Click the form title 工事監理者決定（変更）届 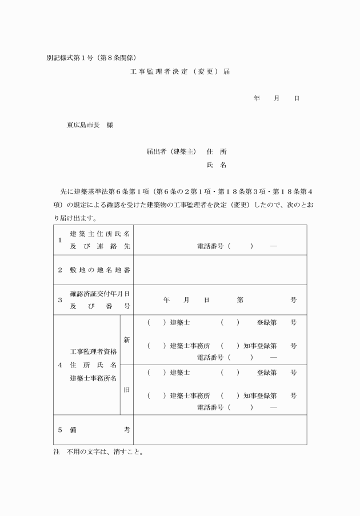coord(180,72)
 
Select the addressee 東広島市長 coord(82,125)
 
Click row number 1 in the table coord(60,240)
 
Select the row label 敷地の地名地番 coord(99,270)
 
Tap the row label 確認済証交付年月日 coord(99,294)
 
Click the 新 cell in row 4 coord(127,339)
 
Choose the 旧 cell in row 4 coord(127,390)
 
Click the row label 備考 coord(99,430)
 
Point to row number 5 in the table coord(60,430)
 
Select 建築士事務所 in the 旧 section coord(190,395)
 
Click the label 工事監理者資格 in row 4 coord(93,351)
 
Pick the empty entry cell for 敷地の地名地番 coord(220,270)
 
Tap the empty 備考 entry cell coord(220,430)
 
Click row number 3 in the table coord(60,299)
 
